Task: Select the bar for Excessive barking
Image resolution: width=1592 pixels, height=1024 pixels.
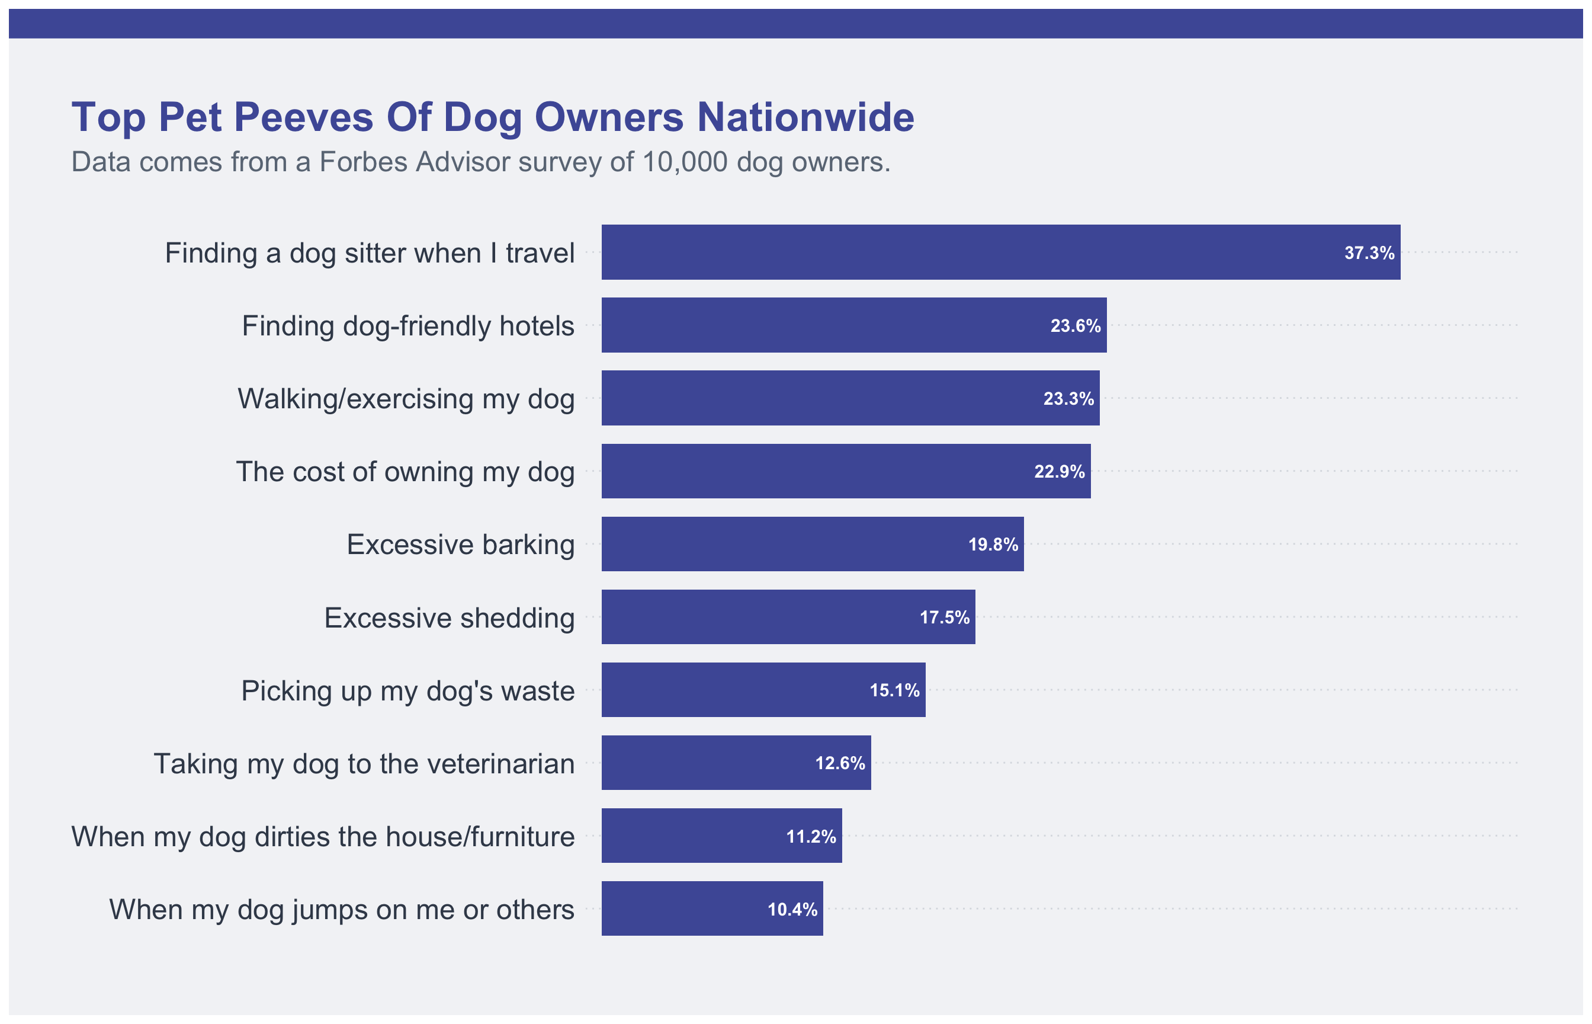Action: [x=812, y=544]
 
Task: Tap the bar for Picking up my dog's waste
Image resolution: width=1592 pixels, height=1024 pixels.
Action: [x=763, y=690]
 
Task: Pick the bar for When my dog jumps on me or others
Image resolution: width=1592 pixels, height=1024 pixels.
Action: [x=712, y=908]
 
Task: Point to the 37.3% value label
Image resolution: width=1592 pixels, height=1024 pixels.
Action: [x=1369, y=252]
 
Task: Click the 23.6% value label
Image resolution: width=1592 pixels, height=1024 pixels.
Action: [x=1075, y=326]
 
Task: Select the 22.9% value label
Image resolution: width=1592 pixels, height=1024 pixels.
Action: [x=1059, y=472]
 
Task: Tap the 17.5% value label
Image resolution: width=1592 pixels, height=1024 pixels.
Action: [x=944, y=617]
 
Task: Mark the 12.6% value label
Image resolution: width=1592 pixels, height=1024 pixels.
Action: [x=840, y=763]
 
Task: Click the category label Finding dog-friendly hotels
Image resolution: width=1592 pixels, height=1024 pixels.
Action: [x=408, y=326]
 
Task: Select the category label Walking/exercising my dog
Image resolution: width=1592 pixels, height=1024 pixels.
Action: [x=406, y=399]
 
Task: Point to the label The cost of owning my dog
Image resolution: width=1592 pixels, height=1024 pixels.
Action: [x=405, y=472]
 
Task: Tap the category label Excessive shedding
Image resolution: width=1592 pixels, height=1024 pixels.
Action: [x=449, y=617]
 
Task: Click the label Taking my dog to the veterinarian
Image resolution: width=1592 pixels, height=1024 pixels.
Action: [x=364, y=763]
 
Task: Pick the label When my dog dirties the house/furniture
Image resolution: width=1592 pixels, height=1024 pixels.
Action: [x=323, y=837]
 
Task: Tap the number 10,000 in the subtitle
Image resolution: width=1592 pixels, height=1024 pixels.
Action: [x=685, y=162]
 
